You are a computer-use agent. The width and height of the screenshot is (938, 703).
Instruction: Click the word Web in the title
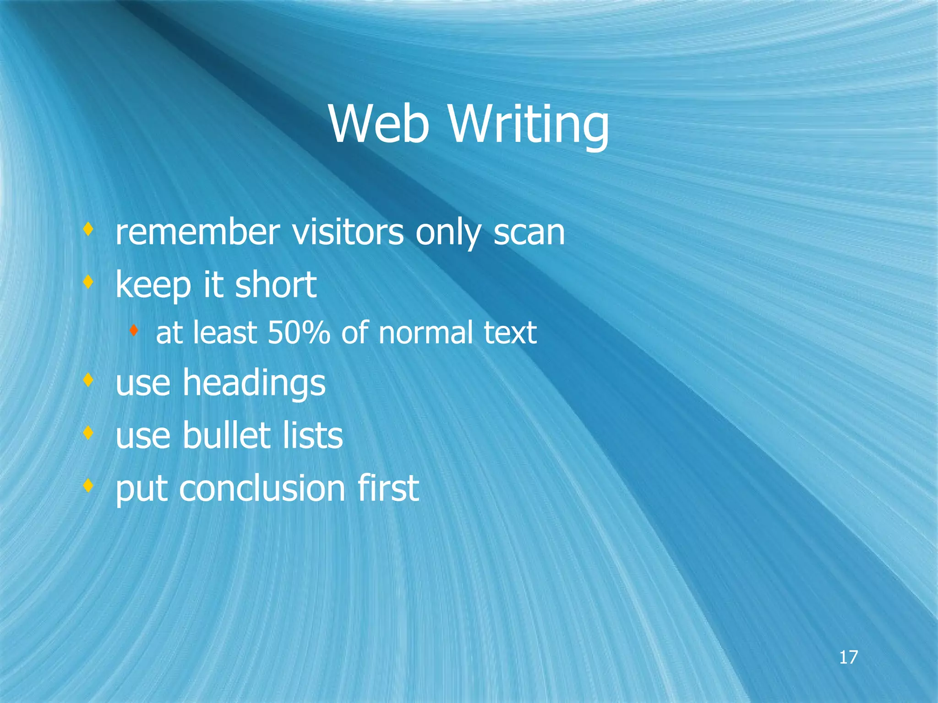point(379,124)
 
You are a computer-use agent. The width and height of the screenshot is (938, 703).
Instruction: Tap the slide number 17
point(848,657)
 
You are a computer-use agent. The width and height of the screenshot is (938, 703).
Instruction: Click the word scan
point(529,233)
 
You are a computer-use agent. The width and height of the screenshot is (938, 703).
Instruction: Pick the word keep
point(153,285)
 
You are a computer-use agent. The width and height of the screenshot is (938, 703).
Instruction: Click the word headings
point(254,384)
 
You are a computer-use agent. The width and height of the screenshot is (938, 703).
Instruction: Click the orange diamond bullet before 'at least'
point(133,329)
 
